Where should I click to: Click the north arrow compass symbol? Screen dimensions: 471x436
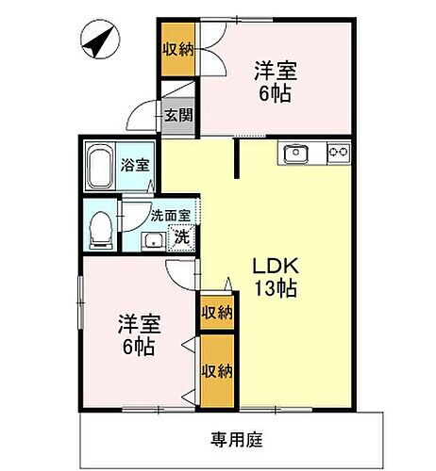99,43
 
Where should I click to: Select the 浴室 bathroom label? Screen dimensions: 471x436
134,166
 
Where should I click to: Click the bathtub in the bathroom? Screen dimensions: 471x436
100,167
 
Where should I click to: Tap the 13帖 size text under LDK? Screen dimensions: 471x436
274,288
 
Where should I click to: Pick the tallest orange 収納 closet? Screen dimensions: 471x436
216,371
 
